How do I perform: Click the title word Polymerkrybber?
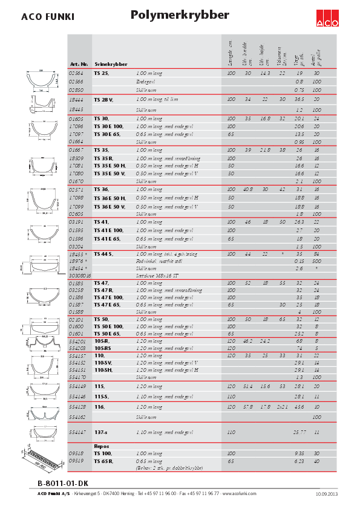(180, 16)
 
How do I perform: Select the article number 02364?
(76, 73)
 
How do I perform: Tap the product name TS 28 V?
(103, 99)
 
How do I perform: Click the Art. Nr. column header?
(79, 63)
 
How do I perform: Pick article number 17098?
(76, 198)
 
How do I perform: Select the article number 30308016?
(79, 275)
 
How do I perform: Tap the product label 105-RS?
(103, 348)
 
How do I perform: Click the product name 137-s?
(101, 432)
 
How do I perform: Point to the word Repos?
(101, 446)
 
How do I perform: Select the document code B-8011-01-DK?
(63, 484)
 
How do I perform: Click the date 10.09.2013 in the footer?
(327, 494)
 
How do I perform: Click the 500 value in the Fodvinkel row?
(316, 261)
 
